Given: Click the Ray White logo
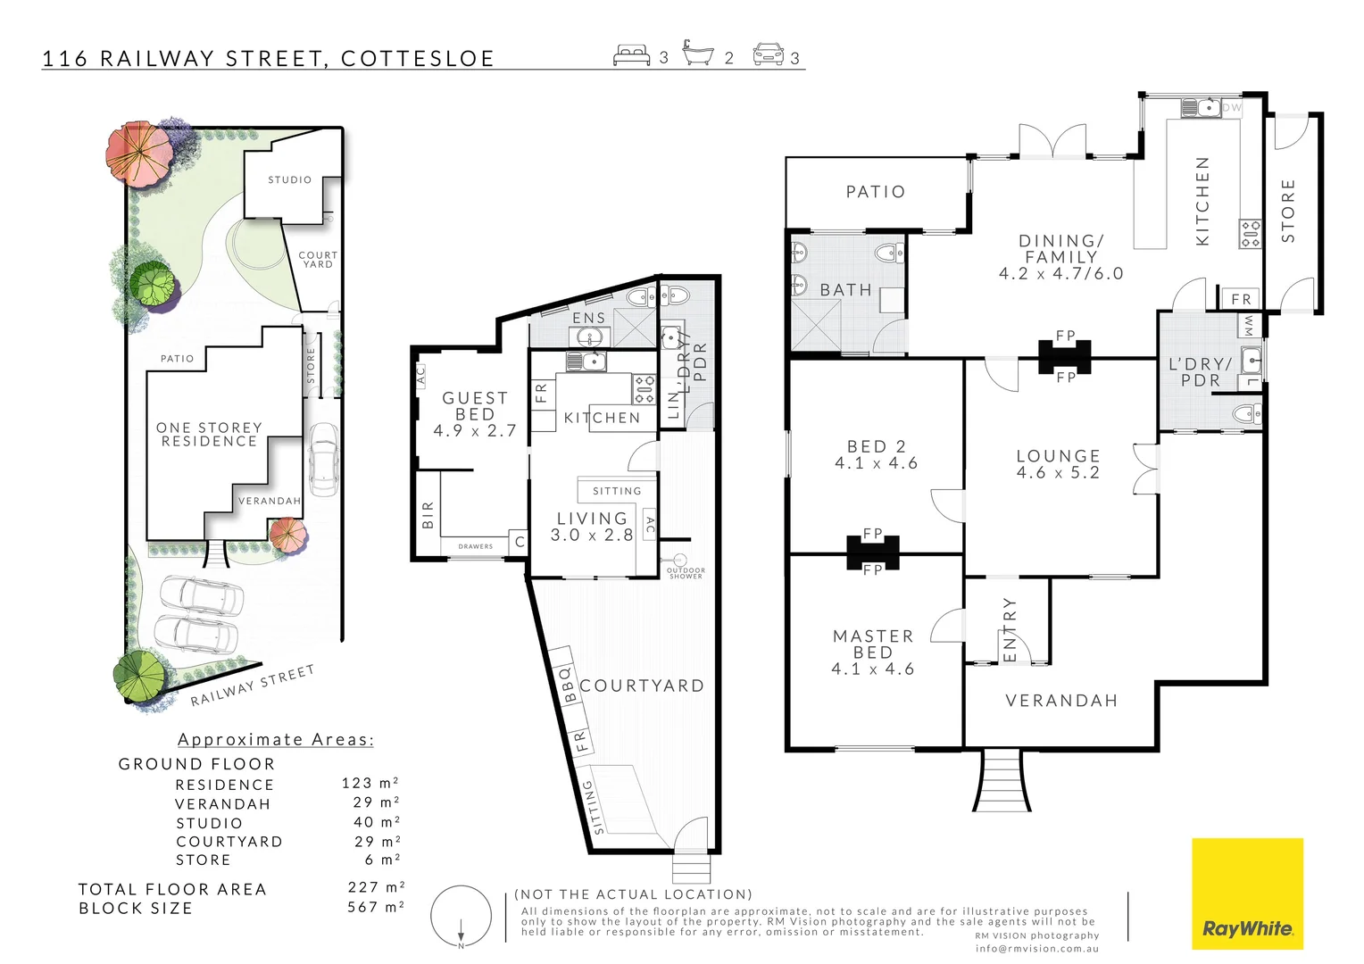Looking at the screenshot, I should pos(1247,893).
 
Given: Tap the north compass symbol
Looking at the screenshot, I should pos(461,917).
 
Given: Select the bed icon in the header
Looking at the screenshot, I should pos(631,55).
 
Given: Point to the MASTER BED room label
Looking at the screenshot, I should pos(873,652).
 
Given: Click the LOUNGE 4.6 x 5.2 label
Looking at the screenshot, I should pos(1058,464).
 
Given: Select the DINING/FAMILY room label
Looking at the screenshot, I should pos(1060,257).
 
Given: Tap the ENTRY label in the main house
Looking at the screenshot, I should pos(1010,630).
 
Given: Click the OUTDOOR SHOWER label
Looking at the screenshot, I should pos(686,573).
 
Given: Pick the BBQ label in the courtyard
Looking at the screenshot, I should pos(566,685).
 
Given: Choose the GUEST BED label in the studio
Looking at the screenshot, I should pos(475,414).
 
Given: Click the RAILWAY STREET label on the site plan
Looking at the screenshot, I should pos(253,685).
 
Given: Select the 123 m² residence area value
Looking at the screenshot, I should pos(370,783).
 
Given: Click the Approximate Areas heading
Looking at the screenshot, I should pos(276,739).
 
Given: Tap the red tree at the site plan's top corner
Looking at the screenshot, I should pos(137,152).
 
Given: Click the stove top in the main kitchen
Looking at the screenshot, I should pos(1250,234).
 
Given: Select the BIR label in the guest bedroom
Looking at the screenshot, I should pos(428,515).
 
